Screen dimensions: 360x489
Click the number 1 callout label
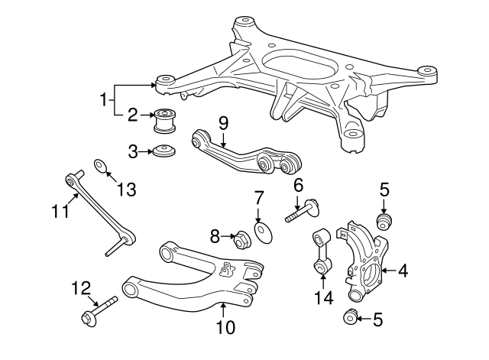click(103, 99)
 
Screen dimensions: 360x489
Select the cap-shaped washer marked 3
click(163, 151)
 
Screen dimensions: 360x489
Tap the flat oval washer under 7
click(263, 232)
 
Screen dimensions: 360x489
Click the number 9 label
click(224, 122)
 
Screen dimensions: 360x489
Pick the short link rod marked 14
click(320, 251)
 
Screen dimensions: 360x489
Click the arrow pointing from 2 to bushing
click(146, 116)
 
